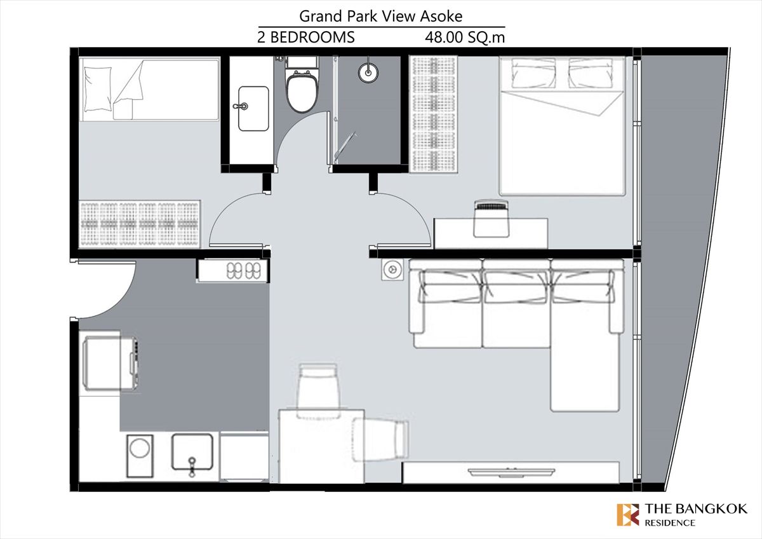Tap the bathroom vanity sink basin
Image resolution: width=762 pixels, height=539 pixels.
point(253,109)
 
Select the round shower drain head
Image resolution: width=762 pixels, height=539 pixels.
point(368,72)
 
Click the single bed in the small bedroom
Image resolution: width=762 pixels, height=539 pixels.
point(149,89)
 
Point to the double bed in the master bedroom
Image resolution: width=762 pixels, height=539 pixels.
point(562,126)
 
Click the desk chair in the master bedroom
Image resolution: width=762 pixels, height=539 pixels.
point(491,219)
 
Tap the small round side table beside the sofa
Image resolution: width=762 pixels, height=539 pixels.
point(392,269)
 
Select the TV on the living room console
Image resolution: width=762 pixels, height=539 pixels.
point(511,472)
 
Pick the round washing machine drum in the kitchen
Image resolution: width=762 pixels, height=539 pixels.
point(140,447)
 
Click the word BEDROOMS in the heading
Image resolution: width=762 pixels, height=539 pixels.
point(312,37)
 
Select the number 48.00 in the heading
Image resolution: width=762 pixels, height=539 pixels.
point(444,38)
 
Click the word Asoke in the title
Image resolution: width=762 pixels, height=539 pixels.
point(441,16)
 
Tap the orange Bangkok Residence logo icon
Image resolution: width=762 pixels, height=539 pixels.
point(628,514)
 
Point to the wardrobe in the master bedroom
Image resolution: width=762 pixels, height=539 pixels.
point(434,114)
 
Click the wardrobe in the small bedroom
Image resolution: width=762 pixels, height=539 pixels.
point(140,224)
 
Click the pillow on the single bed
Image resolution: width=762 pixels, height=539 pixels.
point(98,89)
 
